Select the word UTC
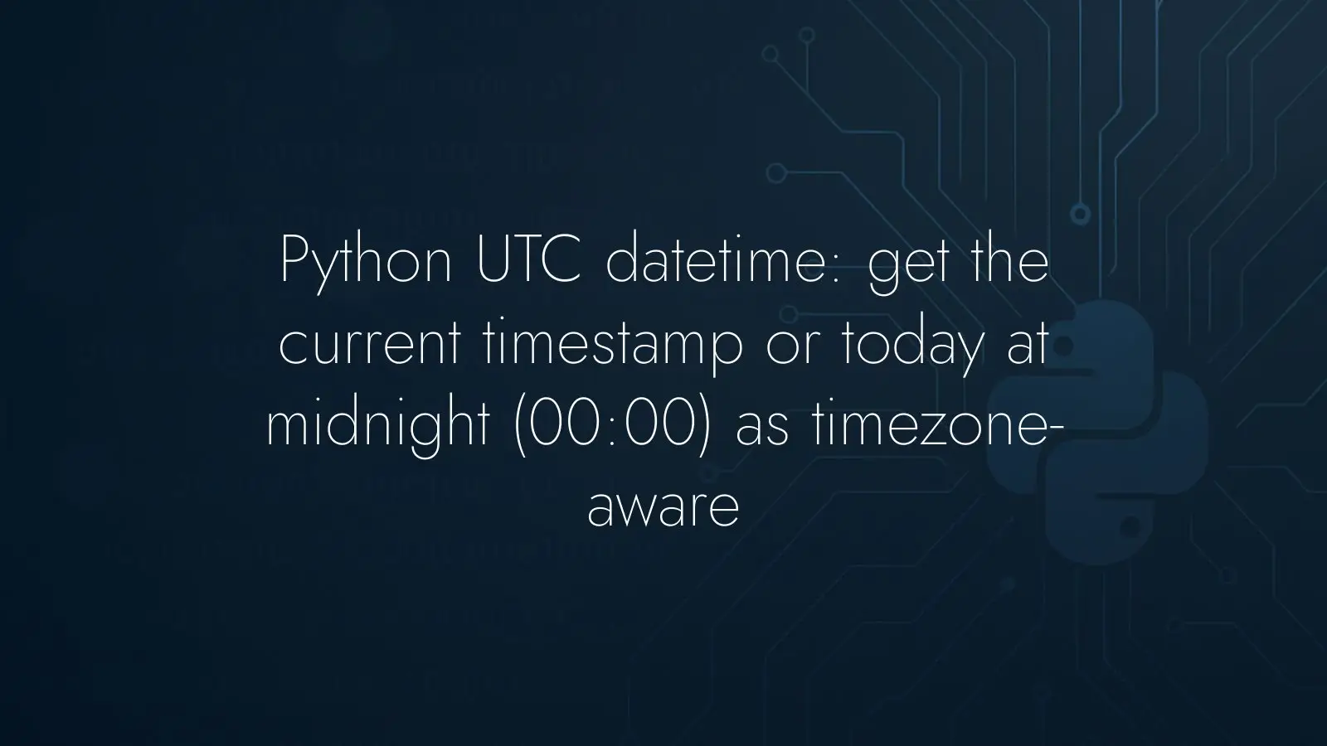528,259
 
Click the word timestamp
613,347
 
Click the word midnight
378,429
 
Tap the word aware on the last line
663,511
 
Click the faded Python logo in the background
1096,432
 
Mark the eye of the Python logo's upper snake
1062,347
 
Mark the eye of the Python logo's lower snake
1130,524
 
